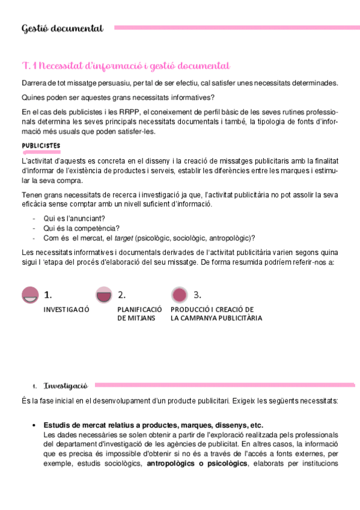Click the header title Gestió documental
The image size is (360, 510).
pos(62,28)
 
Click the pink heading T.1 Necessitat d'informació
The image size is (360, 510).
pos(126,66)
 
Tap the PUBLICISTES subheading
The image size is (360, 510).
pos(41,146)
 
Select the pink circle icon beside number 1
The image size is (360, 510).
pos(30,295)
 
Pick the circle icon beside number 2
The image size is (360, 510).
pos(104,295)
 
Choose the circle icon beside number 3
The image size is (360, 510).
pos(178,295)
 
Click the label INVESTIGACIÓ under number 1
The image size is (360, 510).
pos(66,310)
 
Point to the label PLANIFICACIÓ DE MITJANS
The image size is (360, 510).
pos(139,314)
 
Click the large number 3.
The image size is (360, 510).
pos(197,295)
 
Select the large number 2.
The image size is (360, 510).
pos(121,295)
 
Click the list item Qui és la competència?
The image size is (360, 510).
pos(81,228)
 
